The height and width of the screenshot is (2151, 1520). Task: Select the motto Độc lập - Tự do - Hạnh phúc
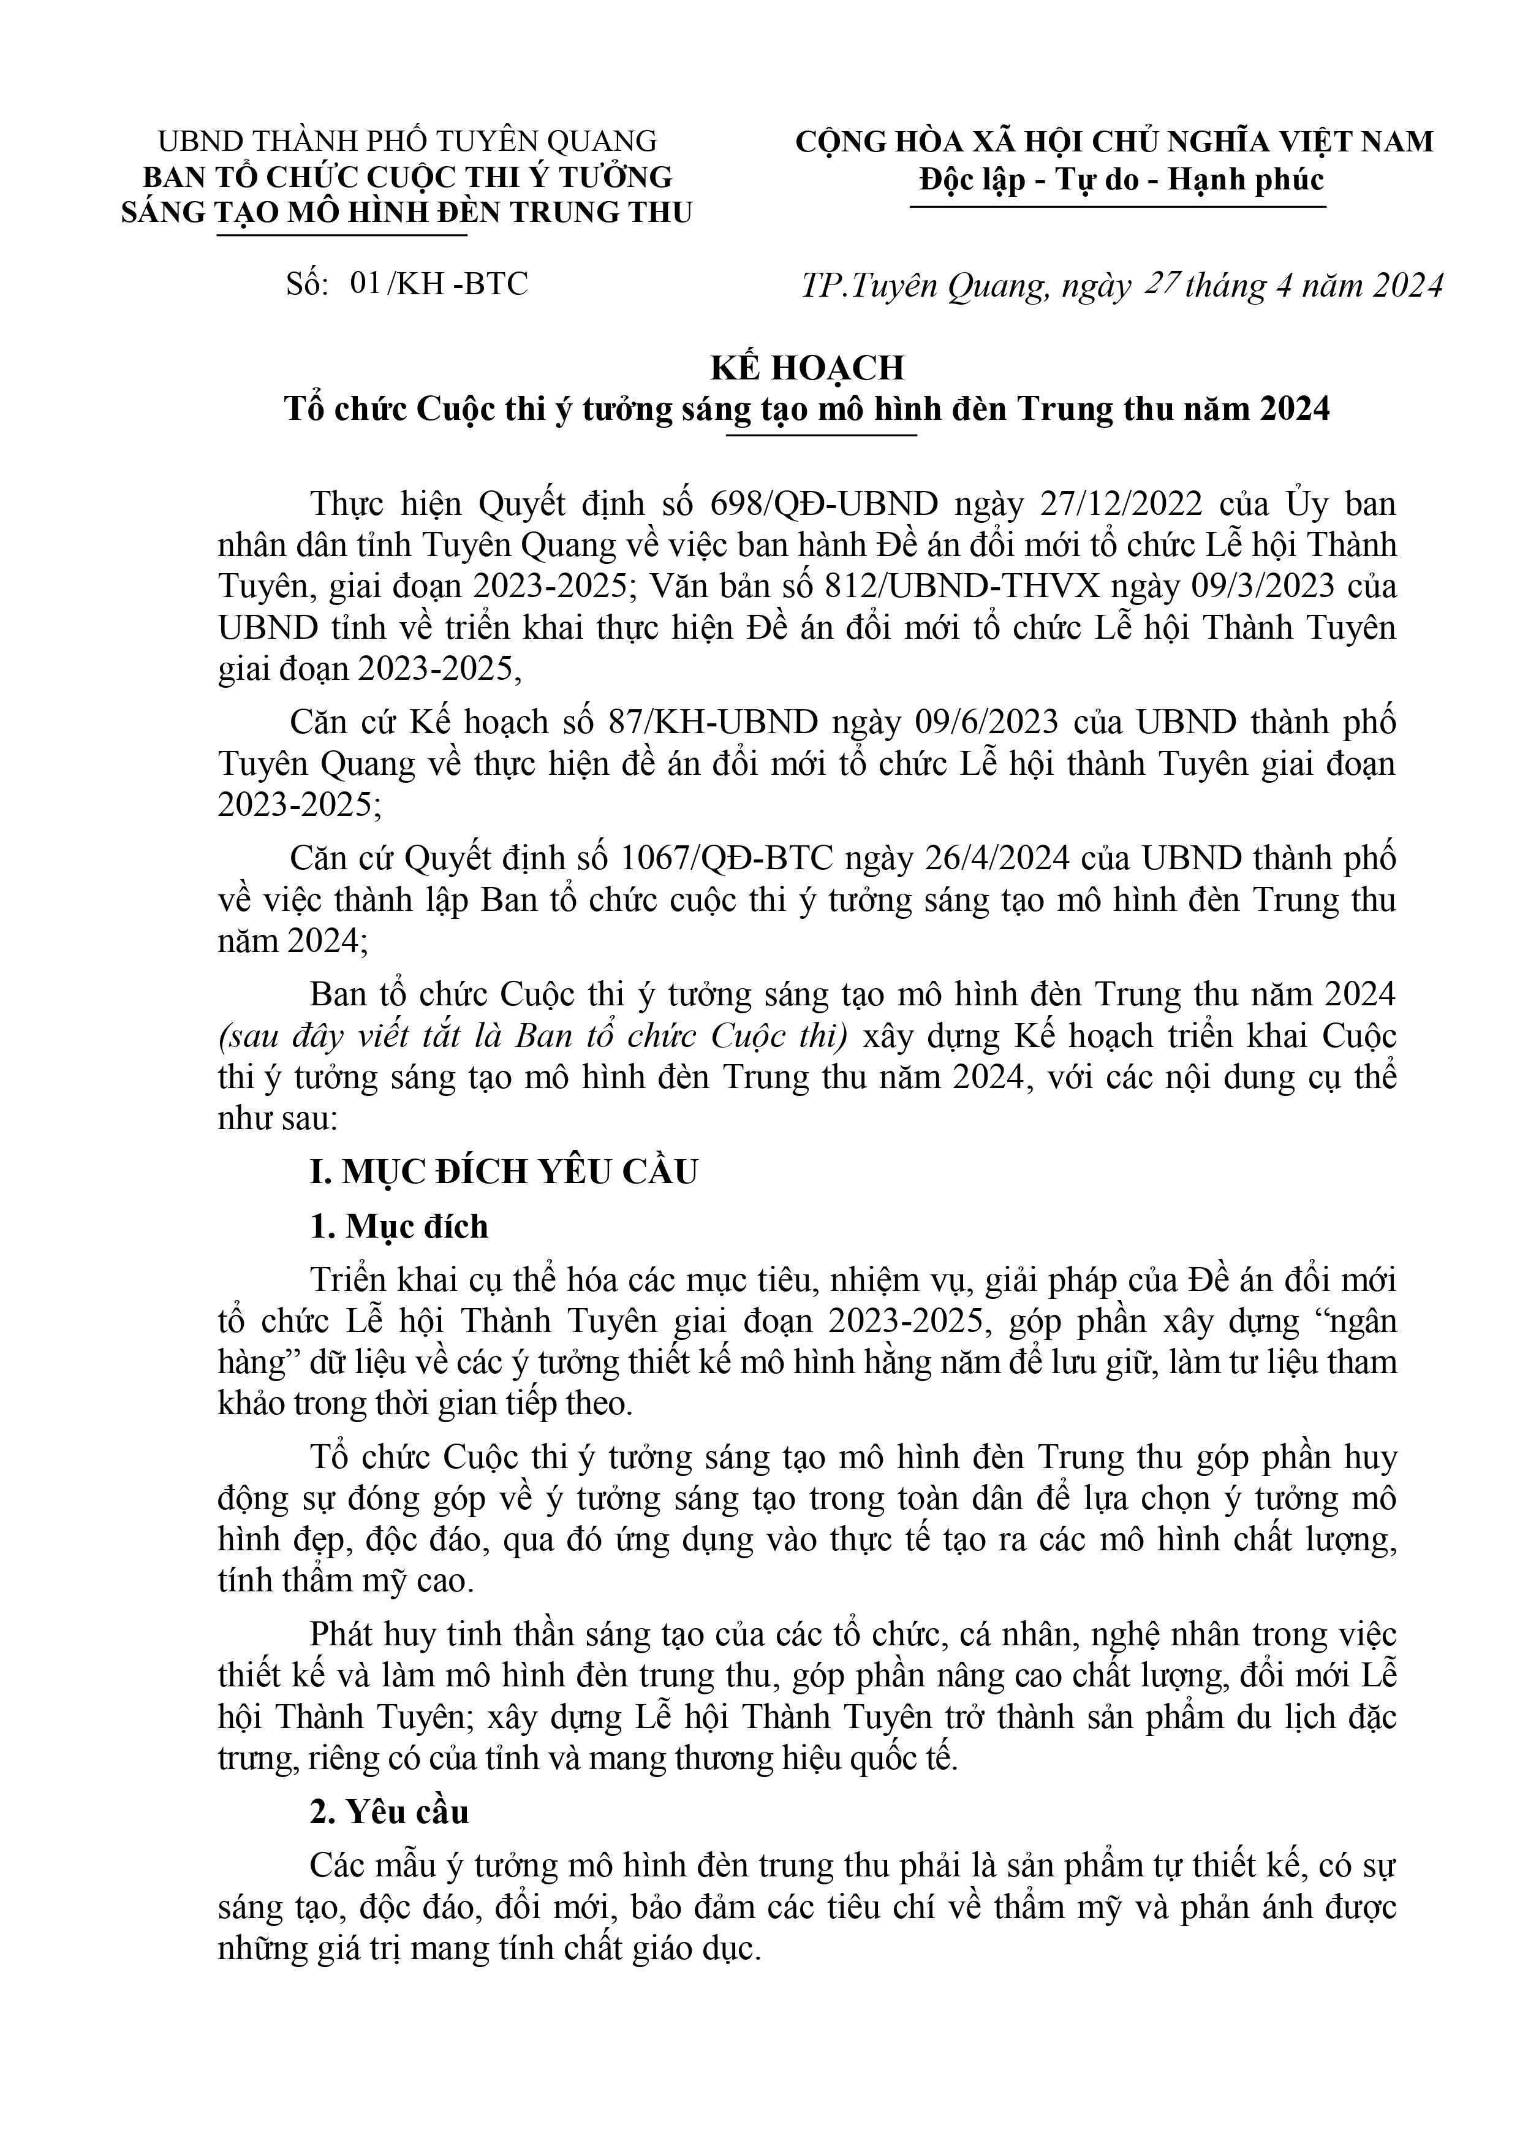(1121, 178)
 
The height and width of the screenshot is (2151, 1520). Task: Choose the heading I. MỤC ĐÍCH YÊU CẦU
(504, 1173)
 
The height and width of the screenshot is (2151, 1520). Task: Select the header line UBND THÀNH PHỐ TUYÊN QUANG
(407, 142)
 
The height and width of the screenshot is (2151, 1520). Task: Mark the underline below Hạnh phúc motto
(1118, 205)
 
